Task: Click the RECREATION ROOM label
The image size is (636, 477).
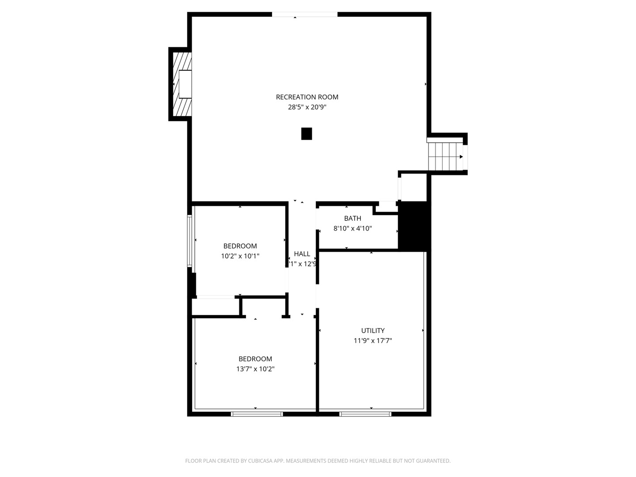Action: click(307, 97)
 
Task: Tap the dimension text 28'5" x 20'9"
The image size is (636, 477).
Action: click(307, 107)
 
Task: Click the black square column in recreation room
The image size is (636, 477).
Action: click(307, 134)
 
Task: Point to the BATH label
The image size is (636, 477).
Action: click(352, 219)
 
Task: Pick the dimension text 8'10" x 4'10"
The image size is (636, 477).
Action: click(352, 229)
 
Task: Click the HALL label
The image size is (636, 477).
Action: click(302, 254)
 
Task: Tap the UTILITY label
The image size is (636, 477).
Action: click(373, 331)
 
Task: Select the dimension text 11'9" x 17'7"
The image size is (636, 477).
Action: click(373, 341)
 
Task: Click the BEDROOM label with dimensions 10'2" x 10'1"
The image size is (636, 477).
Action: click(240, 246)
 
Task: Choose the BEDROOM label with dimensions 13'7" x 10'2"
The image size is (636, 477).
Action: click(255, 359)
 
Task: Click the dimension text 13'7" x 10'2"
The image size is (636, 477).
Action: click(255, 369)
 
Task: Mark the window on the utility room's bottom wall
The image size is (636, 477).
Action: click(365, 414)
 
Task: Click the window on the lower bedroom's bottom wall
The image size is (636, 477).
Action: click(257, 414)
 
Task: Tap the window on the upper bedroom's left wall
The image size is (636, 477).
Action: click(189, 241)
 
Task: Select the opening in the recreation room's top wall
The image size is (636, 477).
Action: click(304, 15)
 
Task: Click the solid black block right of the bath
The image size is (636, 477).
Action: click(414, 226)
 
